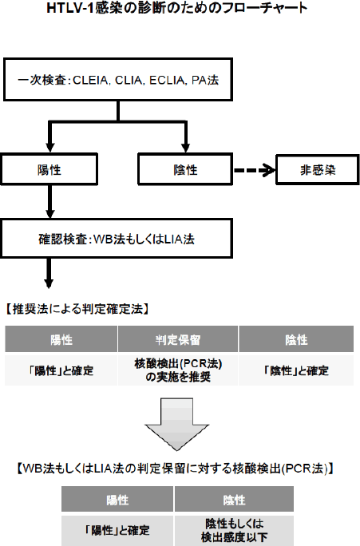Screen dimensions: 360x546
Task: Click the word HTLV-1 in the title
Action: pyautogui.click(x=70, y=8)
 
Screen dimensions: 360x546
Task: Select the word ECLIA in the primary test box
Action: pyautogui.click(x=167, y=81)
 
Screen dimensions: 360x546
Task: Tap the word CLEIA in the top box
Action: pyautogui.click(x=91, y=81)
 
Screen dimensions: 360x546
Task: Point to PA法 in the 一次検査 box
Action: pyautogui.click(x=205, y=81)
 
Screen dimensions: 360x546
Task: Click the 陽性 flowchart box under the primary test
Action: pyautogui.click(x=49, y=169)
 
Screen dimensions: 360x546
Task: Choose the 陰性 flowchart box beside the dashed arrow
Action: pyautogui.click(x=185, y=169)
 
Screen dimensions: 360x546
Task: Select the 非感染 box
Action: pyautogui.click(x=318, y=169)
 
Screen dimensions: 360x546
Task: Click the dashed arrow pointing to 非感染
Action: pyautogui.click(x=255, y=170)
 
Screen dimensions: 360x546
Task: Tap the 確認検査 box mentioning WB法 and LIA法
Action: pyautogui.click(x=117, y=239)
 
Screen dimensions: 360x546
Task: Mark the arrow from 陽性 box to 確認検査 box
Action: pyautogui.click(x=50, y=201)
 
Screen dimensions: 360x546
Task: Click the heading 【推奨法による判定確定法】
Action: pyautogui.click(x=77, y=308)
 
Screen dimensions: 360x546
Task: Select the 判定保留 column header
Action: pyautogui.click(x=178, y=339)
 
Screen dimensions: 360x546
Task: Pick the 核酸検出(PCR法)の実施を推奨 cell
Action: pyautogui.click(x=178, y=370)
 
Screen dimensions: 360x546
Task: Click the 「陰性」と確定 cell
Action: pyautogui.click(x=296, y=370)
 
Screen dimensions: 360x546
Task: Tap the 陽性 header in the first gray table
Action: pyautogui.click(x=61, y=339)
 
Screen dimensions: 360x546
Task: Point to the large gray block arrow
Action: pyautogui.click(x=177, y=424)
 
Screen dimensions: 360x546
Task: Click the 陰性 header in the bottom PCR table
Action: pyautogui.click(x=234, y=500)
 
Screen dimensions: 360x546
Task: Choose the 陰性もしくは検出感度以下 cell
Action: pyautogui.click(x=234, y=530)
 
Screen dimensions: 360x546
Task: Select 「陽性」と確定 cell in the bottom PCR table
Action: pyautogui.click(x=117, y=530)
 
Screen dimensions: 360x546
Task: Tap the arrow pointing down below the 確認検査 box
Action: pyautogui.click(x=49, y=273)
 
